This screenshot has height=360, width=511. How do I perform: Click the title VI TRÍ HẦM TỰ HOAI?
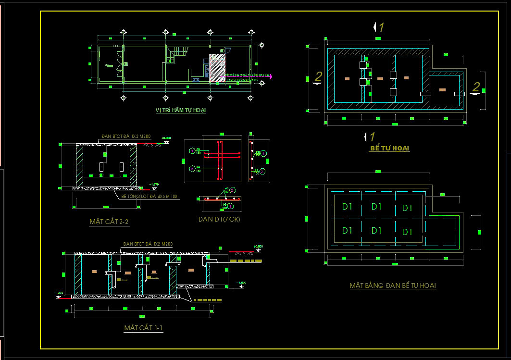click(x=181, y=111)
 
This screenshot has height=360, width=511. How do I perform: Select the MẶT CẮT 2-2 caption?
click(x=109, y=222)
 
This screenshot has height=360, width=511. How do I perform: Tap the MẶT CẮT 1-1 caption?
click(x=143, y=328)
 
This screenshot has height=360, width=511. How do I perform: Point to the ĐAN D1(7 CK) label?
click(x=219, y=219)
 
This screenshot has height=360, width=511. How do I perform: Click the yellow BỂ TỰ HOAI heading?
click(x=389, y=149)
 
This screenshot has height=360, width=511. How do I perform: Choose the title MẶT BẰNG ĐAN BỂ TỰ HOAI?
click(x=393, y=286)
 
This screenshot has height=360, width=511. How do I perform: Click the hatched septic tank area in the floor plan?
click(x=218, y=66)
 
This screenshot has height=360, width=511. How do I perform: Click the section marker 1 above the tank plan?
click(x=380, y=27)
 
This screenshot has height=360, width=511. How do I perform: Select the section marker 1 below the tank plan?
click(x=371, y=137)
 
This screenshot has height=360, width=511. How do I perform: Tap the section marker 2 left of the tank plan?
click(x=317, y=77)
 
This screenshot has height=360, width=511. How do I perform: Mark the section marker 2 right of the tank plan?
click(x=475, y=88)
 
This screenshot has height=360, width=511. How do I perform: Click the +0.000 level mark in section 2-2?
click(x=166, y=138)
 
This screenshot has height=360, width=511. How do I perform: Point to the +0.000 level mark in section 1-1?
click(x=259, y=247)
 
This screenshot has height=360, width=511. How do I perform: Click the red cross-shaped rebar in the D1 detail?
click(x=221, y=156)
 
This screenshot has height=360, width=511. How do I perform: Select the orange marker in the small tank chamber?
click(x=442, y=90)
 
